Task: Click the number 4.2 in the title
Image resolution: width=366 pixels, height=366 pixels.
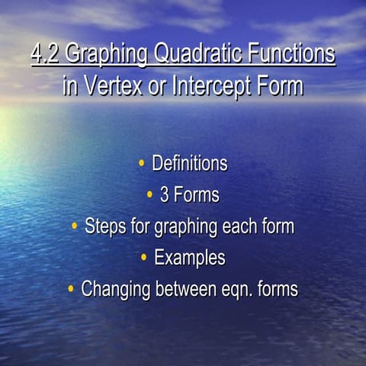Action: [x=46, y=54]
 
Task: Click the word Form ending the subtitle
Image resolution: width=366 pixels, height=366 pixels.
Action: [x=281, y=85]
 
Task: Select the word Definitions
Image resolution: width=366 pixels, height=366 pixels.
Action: [x=189, y=163]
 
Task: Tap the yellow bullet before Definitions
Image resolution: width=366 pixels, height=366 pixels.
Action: [x=141, y=163]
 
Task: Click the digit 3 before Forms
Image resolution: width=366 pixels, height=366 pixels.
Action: [x=164, y=195]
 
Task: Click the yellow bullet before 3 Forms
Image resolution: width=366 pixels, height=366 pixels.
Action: [x=149, y=195]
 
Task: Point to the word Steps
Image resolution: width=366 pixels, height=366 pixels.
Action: [x=106, y=226]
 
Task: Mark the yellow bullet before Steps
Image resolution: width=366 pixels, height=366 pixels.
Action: [x=74, y=226]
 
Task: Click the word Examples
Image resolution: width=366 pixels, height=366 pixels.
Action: [x=190, y=258]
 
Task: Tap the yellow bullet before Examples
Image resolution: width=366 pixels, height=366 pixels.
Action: [x=143, y=258]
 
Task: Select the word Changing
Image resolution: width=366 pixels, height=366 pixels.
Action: [x=117, y=290]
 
